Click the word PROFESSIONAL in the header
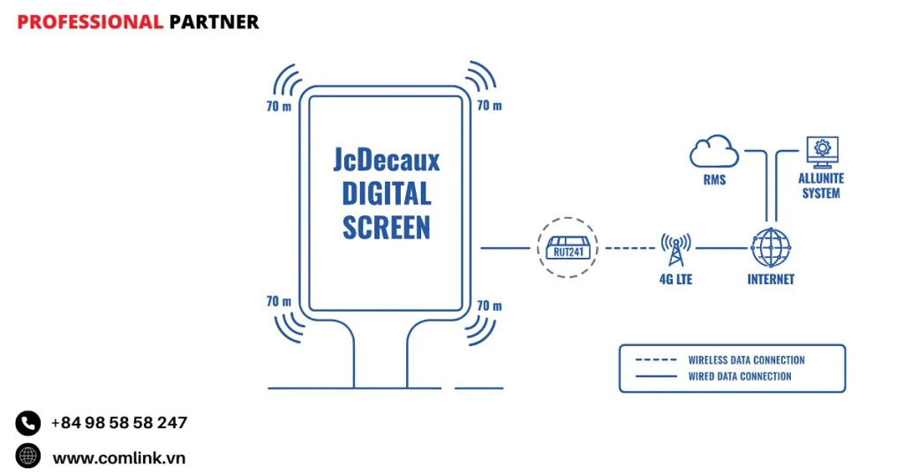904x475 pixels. point(89,22)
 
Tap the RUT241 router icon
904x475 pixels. point(567,247)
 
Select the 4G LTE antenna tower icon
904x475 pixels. point(675,249)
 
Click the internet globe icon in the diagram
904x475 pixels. point(770,248)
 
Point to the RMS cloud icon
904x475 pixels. point(714,151)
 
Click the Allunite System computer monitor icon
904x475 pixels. point(821,152)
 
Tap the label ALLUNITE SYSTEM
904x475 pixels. point(821,185)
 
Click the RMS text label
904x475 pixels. point(714,180)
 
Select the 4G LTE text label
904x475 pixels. point(676,280)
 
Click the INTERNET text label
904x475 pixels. point(771,280)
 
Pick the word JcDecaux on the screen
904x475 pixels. point(387,160)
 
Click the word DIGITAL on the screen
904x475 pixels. point(387,193)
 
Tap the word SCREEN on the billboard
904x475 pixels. point(387,227)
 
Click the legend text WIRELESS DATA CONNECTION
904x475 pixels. point(746,360)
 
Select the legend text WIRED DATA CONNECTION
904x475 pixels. point(740,376)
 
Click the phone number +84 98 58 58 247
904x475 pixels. point(119,423)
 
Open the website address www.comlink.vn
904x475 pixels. point(119,457)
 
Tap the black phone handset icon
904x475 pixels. point(28,424)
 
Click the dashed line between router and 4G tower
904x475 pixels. point(629,248)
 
